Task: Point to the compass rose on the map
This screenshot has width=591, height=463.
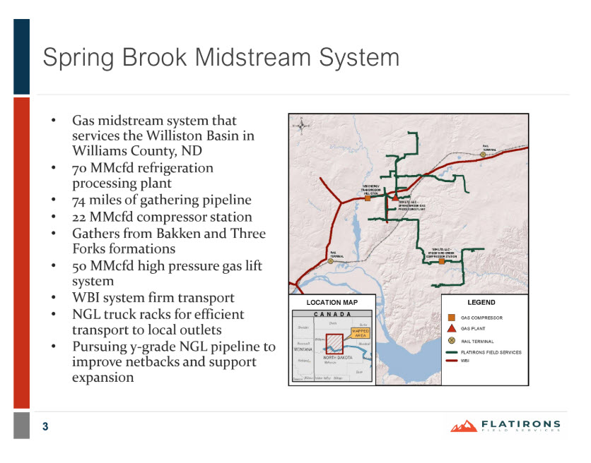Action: pos(303,126)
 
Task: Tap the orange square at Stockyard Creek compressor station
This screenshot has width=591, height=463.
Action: pos(441,261)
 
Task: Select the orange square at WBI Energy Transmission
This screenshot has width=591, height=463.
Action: pos(368,198)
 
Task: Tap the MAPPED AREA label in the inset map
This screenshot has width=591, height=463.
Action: pos(361,332)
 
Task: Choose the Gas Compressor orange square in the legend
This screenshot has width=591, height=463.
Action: pos(451,318)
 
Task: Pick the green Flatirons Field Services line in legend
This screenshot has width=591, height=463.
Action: pos(451,351)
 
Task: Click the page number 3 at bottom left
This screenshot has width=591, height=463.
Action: pos(45,426)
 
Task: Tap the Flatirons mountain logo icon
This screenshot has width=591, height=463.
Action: pos(464,426)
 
